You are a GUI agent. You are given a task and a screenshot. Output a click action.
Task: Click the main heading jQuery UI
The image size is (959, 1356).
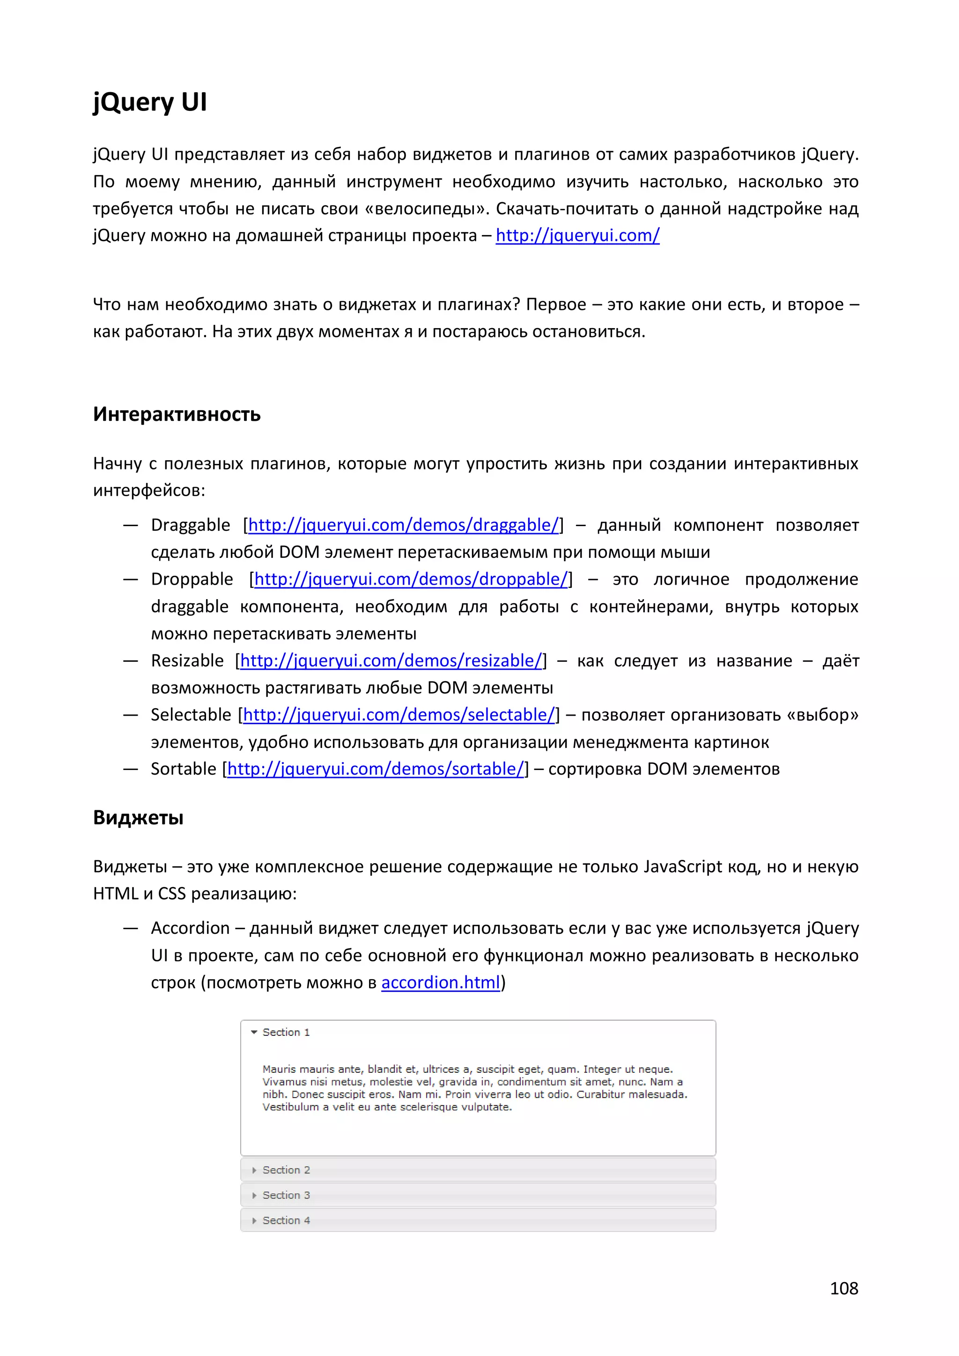(x=149, y=102)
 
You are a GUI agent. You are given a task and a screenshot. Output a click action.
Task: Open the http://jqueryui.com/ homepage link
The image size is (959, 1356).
(x=577, y=235)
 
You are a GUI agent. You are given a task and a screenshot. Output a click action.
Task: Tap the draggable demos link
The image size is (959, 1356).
(x=403, y=525)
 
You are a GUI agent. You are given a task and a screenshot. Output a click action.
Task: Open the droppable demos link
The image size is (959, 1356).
(x=411, y=579)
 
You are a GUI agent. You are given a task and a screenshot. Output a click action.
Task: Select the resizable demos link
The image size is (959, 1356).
(x=391, y=661)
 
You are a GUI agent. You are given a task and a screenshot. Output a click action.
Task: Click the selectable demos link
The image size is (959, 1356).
(x=399, y=715)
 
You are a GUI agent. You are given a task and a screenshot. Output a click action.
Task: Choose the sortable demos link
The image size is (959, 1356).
(x=375, y=769)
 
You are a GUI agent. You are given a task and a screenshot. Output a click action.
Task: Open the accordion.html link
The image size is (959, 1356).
(x=440, y=983)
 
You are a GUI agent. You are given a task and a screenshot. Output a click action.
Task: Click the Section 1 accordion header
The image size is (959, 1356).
(x=286, y=1033)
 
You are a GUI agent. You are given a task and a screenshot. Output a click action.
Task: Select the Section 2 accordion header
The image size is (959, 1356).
(x=286, y=1170)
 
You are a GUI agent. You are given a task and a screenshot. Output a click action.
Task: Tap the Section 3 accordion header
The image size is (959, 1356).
(x=286, y=1195)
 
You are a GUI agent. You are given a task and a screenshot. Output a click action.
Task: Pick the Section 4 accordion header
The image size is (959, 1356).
(x=286, y=1220)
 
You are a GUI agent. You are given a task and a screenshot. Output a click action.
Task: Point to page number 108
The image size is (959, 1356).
(x=843, y=1289)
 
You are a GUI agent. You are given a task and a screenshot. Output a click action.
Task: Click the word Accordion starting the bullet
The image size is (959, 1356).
(x=190, y=928)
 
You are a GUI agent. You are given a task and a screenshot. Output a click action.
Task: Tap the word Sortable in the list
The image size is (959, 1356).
(x=183, y=769)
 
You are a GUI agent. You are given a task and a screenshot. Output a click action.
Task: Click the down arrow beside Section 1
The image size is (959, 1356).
(x=254, y=1033)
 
